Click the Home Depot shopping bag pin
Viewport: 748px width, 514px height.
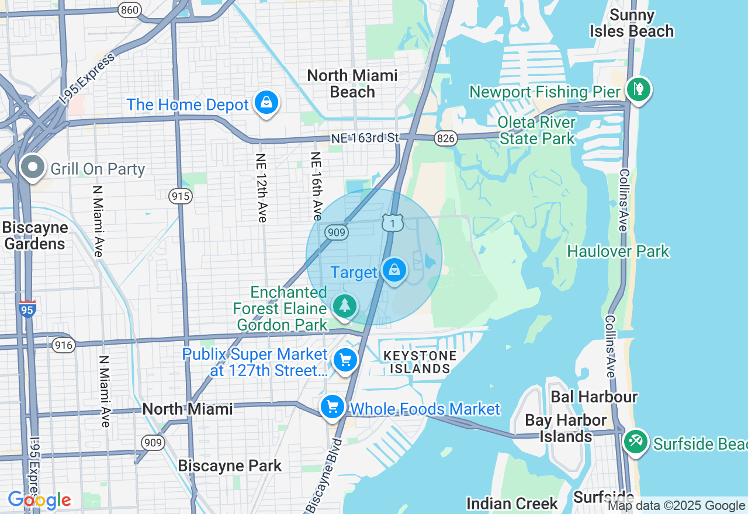266,103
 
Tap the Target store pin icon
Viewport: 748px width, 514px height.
394,270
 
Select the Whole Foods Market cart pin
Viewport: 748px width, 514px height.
333,406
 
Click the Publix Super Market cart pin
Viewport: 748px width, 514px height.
345,360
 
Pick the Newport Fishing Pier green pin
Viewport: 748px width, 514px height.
639,89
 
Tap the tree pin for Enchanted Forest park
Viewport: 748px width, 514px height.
345,305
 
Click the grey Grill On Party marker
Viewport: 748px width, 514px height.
33,167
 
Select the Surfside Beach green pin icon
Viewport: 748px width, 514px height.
635,441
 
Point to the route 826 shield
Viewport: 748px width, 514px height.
445,138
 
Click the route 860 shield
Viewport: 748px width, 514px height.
129,9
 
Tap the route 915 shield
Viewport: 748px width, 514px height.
181,196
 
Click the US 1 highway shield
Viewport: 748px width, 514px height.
393,223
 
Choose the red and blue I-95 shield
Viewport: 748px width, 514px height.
27,308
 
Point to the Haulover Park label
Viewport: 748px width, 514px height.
618,251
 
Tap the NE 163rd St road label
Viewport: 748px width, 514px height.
365,138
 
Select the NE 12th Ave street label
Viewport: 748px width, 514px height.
261,187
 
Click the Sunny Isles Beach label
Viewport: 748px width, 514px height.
631,23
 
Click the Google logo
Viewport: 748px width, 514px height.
39,500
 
